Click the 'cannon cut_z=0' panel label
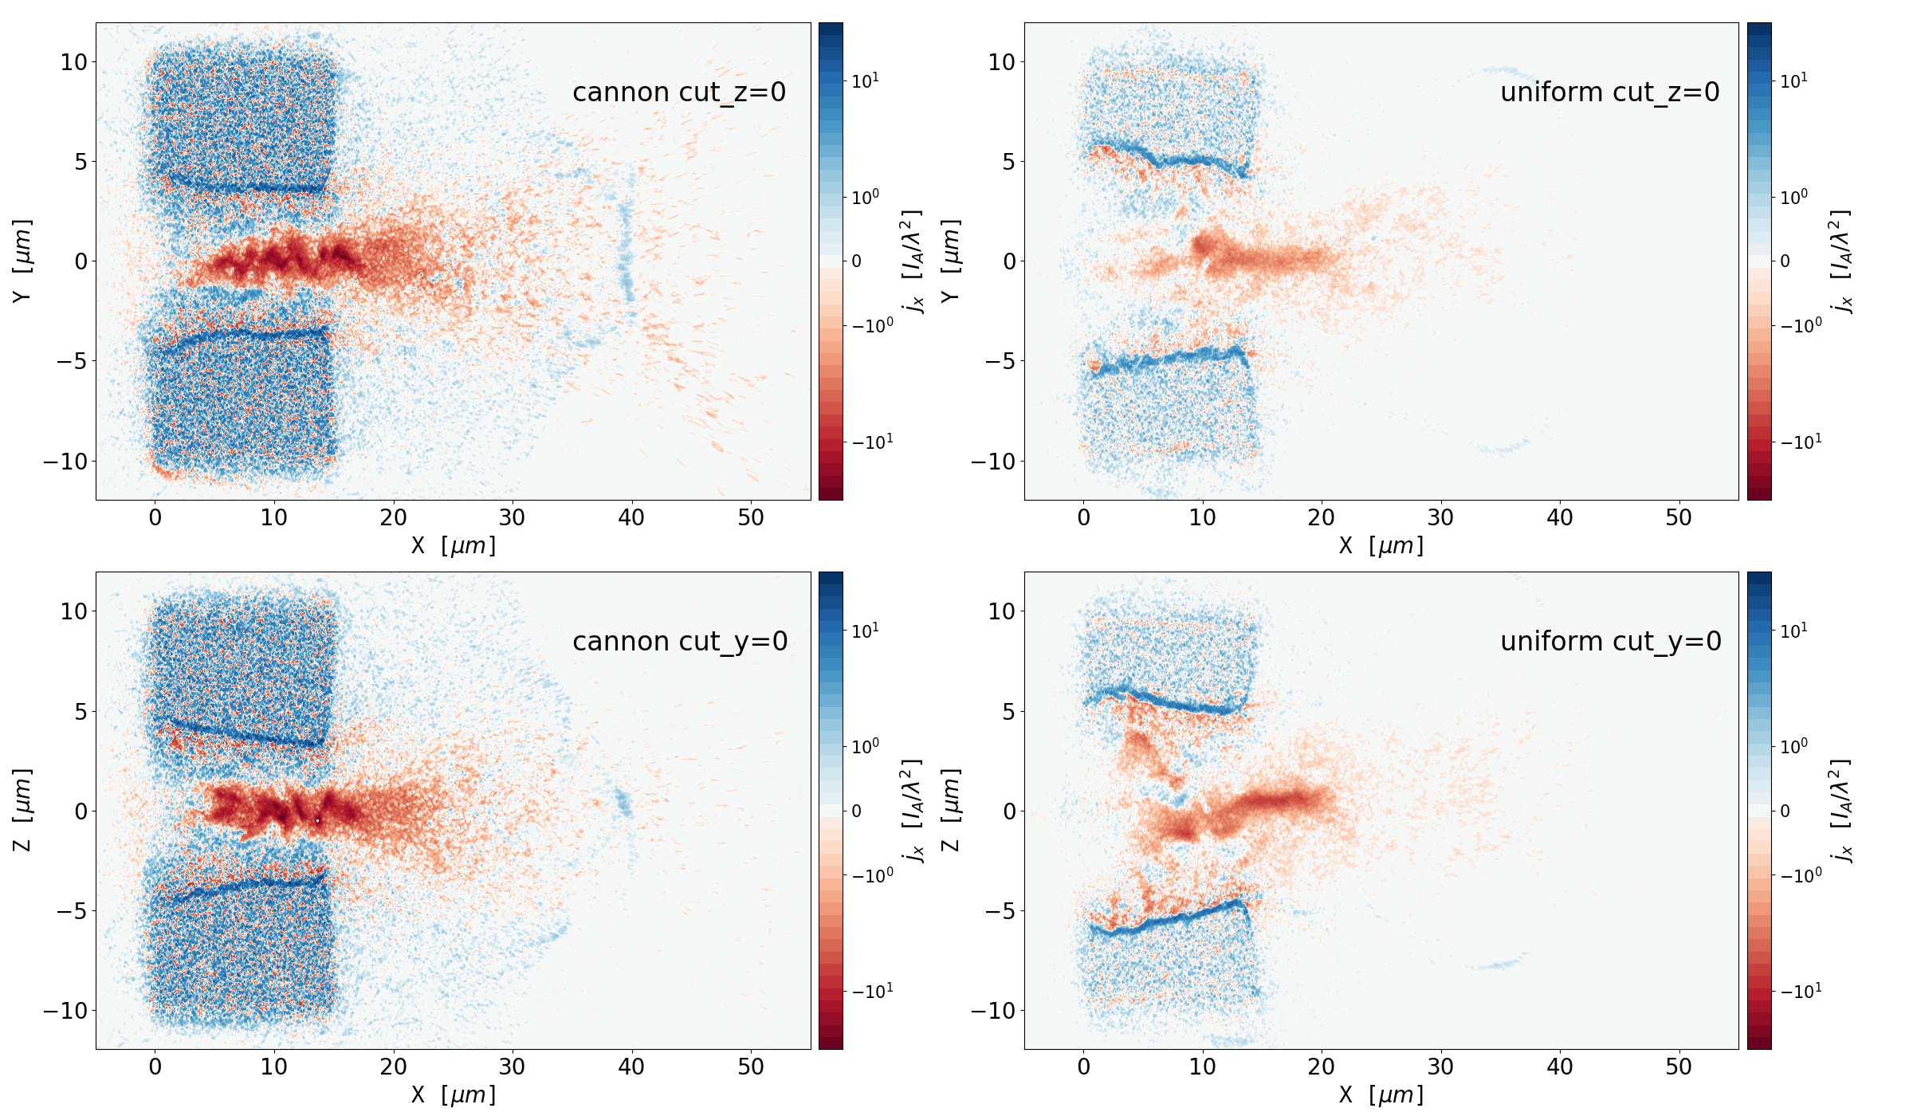point(679,92)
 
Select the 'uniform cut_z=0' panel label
point(1609,92)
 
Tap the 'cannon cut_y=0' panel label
point(680,642)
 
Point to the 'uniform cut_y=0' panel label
point(1610,642)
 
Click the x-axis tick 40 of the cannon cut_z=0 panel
point(631,518)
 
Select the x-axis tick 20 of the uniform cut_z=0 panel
point(1321,518)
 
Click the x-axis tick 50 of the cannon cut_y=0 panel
point(751,1067)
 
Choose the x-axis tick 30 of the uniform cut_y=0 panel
point(1440,1067)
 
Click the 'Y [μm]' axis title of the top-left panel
point(22,261)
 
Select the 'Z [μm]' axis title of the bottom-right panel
point(950,810)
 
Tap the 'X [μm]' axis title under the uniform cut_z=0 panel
point(1381,546)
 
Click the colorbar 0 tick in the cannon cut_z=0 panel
point(857,261)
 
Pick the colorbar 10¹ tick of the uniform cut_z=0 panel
point(1793,81)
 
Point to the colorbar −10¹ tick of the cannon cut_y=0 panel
point(873,991)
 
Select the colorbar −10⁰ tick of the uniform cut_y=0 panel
point(1801,875)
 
